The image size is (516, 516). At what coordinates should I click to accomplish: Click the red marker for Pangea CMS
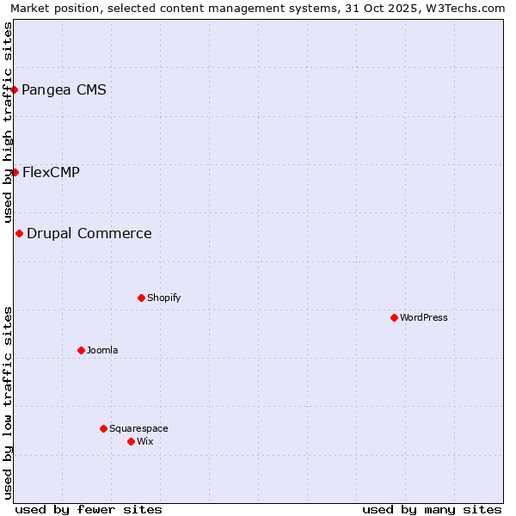(14, 89)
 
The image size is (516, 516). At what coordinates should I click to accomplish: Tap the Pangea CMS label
(64, 89)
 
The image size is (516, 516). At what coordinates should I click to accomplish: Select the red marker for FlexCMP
(15, 172)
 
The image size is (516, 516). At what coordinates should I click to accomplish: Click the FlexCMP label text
(51, 172)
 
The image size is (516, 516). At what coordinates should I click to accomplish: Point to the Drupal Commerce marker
(19, 233)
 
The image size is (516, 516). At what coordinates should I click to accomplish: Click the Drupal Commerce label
(89, 233)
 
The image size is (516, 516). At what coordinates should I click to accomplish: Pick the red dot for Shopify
(141, 298)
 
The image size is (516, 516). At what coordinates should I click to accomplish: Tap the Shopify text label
(163, 298)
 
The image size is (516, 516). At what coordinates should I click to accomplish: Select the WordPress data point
(394, 317)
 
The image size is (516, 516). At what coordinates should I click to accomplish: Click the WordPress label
(423, 317)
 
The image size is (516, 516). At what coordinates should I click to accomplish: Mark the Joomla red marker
(81, 350)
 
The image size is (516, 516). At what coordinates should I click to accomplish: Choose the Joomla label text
(102, 350)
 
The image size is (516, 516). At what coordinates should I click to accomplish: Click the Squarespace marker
(103, 428)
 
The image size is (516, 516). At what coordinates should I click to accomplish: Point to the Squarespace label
(138, 428)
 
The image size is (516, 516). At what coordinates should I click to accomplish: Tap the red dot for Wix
(131, 441)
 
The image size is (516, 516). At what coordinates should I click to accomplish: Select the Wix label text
(144, 441)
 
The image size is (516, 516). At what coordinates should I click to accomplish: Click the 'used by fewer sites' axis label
(89, 509)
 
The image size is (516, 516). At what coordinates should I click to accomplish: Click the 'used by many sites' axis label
(432, 509)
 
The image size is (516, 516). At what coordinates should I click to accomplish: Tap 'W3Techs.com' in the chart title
(464, 8)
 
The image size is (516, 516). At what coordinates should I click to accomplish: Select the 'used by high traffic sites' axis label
(8, 122)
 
